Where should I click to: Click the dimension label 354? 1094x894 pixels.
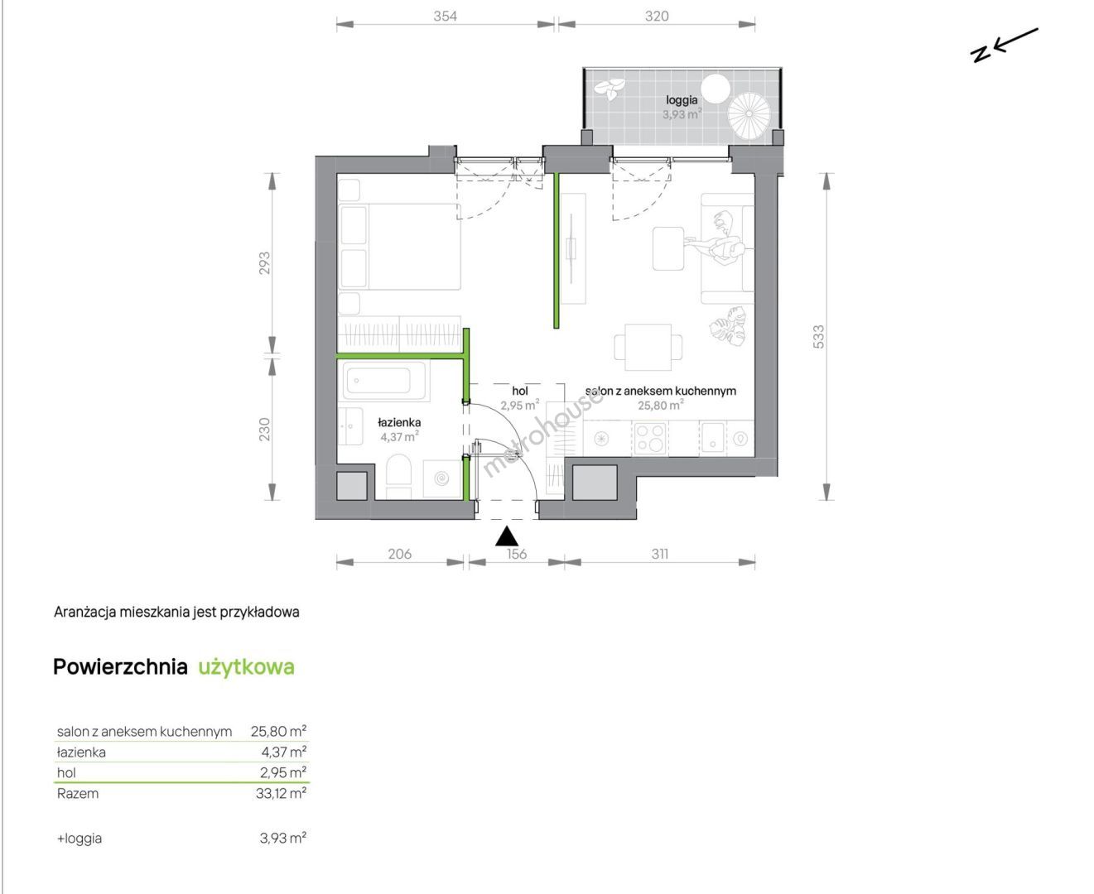pyautogui.click(x=445, y=17)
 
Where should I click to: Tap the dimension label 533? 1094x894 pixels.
pyautogui.click(x=818, y=337)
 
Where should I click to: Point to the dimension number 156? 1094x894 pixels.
pyautogui.click(x=517, y=555)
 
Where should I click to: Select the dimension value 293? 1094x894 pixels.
pyautogui.click(x=264, y=263)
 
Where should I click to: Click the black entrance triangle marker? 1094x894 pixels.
pyautogui.click(x=507, y=536)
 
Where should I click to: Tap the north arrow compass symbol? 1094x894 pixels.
pyautogui.click(x=1004, y=46)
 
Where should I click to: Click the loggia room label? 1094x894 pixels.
pyautogui.click(x=682, y=100)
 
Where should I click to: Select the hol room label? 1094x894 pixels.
pyautogui.click(x=520, y=391)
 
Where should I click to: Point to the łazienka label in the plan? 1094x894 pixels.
pyautogui.click(x=399, y=423)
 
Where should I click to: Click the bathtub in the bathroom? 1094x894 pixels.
pyautogui.click(x=384, y=381)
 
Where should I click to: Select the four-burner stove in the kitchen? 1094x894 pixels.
pyautogui.click(x=650, y=438)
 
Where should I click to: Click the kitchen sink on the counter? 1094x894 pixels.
pyautogui.click(x=713, y=438)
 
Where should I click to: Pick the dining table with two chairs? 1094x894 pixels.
pyautogui.click(x=648, y=347)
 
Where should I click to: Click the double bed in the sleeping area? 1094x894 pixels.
pyautogui.click(x=399, y=247)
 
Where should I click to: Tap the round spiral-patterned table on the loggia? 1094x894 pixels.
pyautogui.click(x=749, y=115)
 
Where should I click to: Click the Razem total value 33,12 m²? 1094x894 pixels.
pyautogui.click(x=281, y=793)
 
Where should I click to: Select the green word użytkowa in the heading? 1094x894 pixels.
pyautogui.click(x=247, y=667)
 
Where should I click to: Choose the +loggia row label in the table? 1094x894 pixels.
pyautogui.click(x=80, y=839)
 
